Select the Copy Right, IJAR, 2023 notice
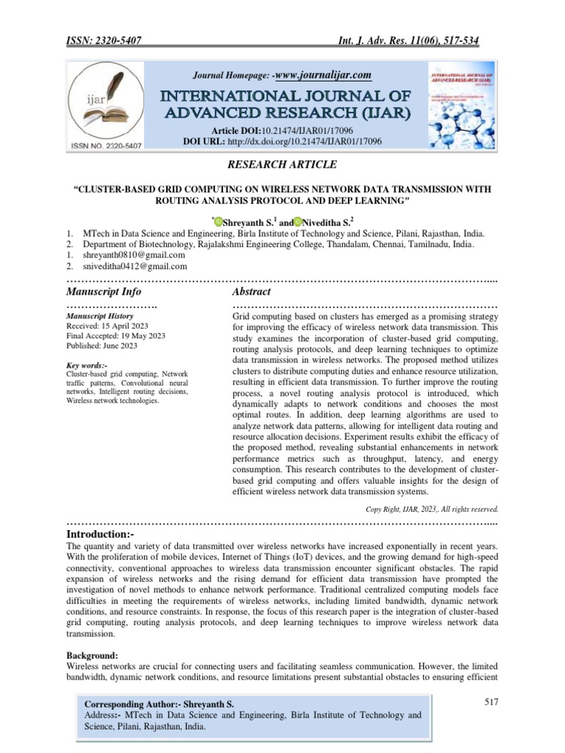click(433, 508)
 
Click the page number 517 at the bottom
click(491, 702)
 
